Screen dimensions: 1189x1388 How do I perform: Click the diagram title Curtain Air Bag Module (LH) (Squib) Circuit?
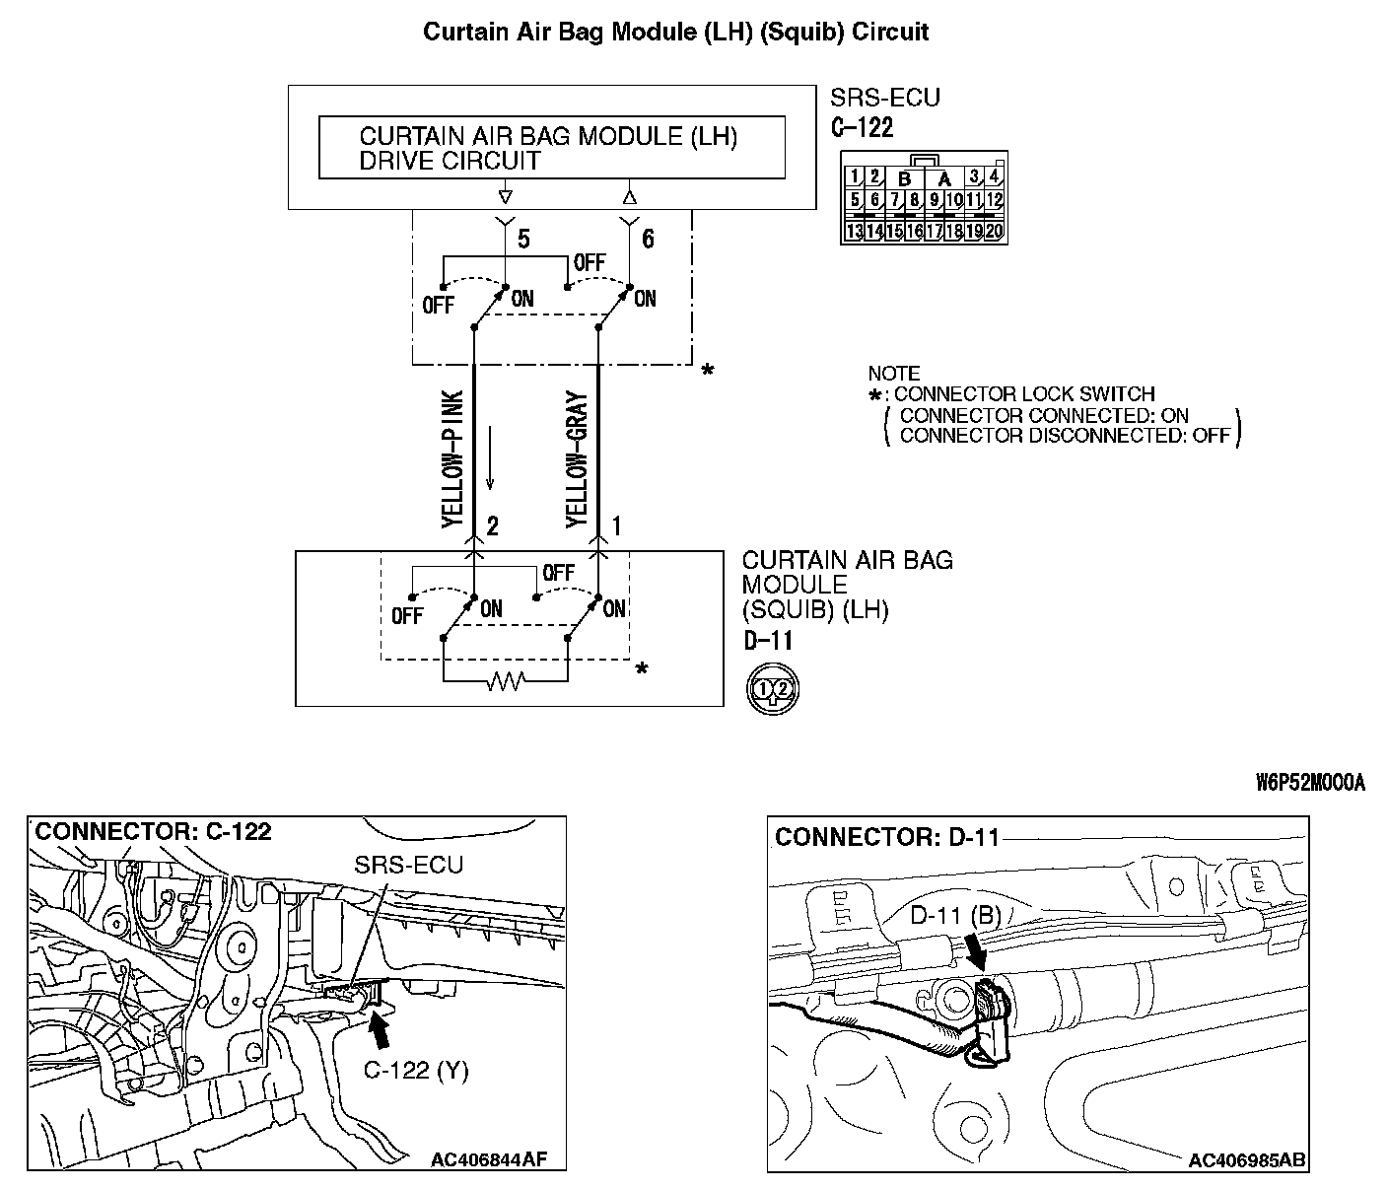675,32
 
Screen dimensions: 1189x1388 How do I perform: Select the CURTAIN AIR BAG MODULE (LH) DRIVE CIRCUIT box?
551,148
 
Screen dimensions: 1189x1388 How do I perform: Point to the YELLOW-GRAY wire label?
578,459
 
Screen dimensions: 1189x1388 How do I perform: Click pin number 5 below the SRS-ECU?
523,240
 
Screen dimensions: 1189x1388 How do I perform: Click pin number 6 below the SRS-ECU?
648,240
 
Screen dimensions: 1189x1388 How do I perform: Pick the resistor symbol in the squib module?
506,679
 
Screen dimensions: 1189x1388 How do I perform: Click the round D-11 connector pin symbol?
772,688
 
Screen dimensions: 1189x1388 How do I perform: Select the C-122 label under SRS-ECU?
861,127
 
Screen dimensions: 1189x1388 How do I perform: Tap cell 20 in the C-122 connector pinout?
994,232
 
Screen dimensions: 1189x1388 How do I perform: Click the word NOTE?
893,374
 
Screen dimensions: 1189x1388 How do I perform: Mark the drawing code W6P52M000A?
1310,782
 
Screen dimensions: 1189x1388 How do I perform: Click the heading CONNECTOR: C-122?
153,832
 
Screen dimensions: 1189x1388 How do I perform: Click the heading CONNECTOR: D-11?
886,838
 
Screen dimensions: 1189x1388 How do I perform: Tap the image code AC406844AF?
488,1159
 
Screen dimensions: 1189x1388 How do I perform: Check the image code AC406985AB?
1246,1160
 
